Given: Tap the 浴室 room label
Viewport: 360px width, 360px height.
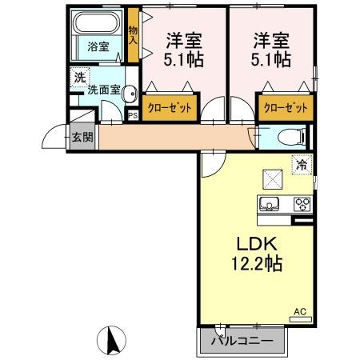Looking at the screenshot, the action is (98, 47).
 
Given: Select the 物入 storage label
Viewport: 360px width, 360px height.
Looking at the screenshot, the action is (133, 35).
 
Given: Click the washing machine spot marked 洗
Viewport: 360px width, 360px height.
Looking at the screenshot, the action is (80, 77).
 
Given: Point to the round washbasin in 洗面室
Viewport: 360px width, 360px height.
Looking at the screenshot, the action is (130, 94).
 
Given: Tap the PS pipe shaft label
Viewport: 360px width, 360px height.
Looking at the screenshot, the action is (133, 116).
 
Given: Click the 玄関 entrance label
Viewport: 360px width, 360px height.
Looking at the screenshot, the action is (83, 137).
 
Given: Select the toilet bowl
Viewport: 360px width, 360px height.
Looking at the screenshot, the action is (291, 138).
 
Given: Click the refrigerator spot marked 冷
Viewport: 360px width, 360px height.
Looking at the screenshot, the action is (302, 166).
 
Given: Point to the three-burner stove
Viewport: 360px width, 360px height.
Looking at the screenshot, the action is (302, 205).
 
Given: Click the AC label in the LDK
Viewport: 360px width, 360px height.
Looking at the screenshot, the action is (300, 311).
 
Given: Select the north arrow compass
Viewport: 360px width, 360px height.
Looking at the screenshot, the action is (111, 341).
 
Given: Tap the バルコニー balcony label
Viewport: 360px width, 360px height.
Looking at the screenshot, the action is (242, 341).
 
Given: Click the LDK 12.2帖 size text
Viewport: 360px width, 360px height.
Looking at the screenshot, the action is (258, 254).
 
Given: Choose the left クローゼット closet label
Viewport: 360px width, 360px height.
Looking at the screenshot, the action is (170, 108).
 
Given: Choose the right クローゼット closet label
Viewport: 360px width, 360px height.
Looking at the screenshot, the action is (286, 108).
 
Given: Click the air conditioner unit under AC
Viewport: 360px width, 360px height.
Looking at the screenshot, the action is (301, 319).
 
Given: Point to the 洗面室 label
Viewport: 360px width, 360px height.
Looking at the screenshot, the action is (104, 90).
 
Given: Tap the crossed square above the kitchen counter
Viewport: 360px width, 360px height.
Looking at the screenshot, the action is (273, 179).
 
